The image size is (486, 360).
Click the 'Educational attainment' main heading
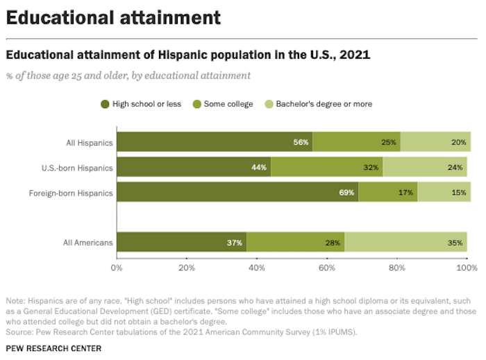tap(113, 17)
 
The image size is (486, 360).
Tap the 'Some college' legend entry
tap(226, 104)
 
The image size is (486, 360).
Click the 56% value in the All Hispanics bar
tap(301, 142)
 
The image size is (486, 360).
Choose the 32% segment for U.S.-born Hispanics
tap(371, 166)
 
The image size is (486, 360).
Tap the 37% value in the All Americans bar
tap(234, 242)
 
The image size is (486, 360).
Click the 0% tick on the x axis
tap(117, 266)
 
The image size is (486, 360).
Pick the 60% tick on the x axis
tap(326, 266)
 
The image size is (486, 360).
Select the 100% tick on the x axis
tap(465, 266)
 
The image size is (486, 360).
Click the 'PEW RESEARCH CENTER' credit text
tap(53, 348)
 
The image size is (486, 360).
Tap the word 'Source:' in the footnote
tap(19, 332)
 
